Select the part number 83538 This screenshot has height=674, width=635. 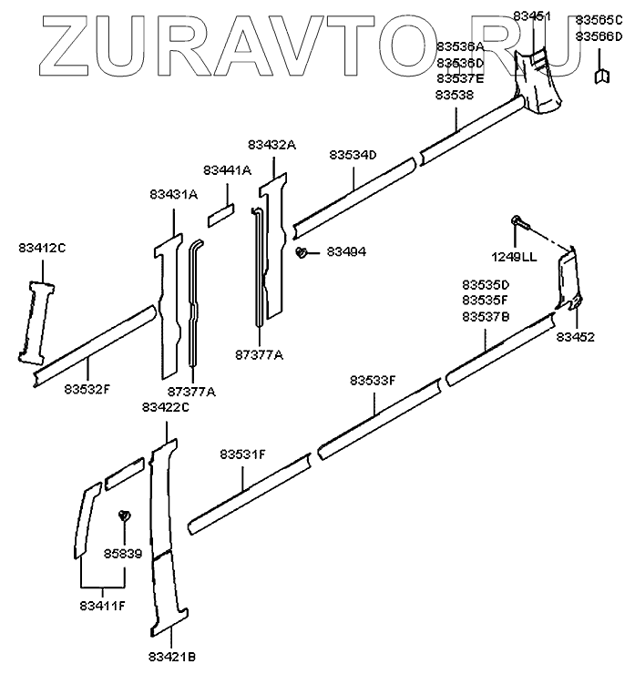(455, 95)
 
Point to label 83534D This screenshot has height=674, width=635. (353, 156)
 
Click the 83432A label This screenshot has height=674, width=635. (272, 145)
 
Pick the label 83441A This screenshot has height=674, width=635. (227, 170)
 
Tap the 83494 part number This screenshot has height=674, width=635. (346, 251)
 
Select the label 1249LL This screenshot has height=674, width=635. (516, 258)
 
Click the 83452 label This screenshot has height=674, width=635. (576, 337)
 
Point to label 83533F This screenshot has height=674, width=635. (374, 382)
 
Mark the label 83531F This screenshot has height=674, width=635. (242, 454)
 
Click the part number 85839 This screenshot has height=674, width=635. (123, 553)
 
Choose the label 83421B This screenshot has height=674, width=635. (172, 656)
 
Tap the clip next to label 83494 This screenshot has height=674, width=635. (302, 252)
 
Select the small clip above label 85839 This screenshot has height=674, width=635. (125, 517)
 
